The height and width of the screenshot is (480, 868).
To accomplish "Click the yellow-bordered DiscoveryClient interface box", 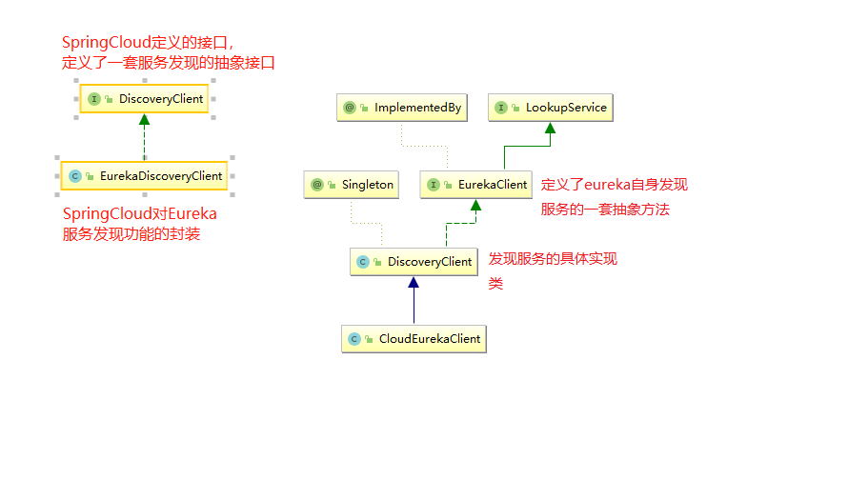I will click(144, 99).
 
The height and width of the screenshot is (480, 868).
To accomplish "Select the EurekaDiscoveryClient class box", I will click(144, 176).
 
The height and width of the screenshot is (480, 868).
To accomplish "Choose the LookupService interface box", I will click(551, 108).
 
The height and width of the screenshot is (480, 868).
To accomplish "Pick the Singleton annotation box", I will click(351, 185).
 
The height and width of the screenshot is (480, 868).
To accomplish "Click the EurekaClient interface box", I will click(475, 185).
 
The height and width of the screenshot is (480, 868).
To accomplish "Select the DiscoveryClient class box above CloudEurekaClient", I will click(413, 262).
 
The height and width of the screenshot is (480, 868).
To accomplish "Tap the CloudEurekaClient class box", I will click(414, 338).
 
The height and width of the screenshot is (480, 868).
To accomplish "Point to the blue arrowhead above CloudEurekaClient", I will click(414, 283).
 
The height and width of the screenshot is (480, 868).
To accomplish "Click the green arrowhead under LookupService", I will click(551, 129).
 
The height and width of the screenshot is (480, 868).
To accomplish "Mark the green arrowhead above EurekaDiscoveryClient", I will click(144, 120).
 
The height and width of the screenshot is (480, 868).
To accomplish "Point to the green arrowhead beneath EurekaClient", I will click(474, 206).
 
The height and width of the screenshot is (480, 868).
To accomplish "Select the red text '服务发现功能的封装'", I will click(131, 234).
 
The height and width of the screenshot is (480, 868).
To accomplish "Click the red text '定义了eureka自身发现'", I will click(614, 185).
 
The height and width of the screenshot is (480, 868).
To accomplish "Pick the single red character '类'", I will click(495, 283).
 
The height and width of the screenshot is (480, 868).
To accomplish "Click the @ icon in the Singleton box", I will click(318, 185).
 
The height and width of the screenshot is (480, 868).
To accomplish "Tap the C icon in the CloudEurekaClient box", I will click(354, 338).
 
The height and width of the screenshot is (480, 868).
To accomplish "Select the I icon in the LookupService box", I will click(502, 108).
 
